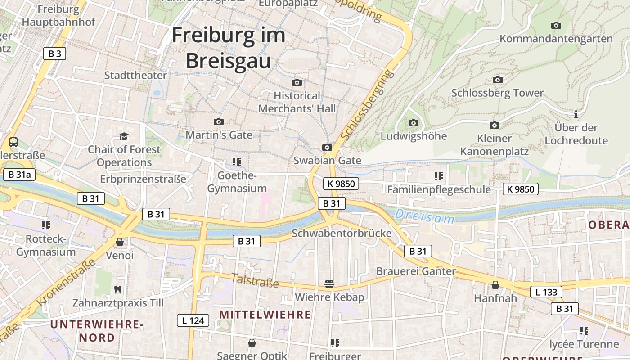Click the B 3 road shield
coord(55,54)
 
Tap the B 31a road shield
coord(19,175)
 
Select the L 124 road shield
coord(193,320)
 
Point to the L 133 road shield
coord(546,292)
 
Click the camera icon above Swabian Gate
coord(327,147)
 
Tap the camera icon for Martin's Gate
coord(219,121)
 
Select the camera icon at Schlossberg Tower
coord(497,80)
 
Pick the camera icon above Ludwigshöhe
coord(413,123)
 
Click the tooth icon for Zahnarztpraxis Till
coord(118,289)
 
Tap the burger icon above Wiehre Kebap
coord(329,284)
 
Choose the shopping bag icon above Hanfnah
coord(495,285)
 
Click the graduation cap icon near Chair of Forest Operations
coord(123,136)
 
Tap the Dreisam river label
coord(425,216)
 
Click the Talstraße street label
coord(255,280)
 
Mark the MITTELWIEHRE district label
coord(265,315)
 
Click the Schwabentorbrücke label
coord(342,234)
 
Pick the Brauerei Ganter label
coord(416,271)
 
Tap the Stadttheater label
coord(135,75)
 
